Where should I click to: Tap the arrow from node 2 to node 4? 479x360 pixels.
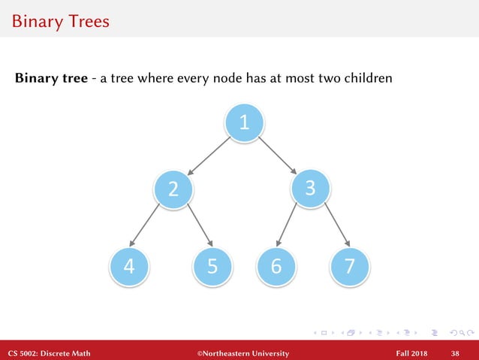tap(146, 225)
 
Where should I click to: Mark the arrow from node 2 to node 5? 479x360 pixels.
tap(197, 225)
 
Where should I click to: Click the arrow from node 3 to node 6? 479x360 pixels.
tap(290, 225)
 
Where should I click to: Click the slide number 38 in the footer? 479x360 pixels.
tap(455, 352)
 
